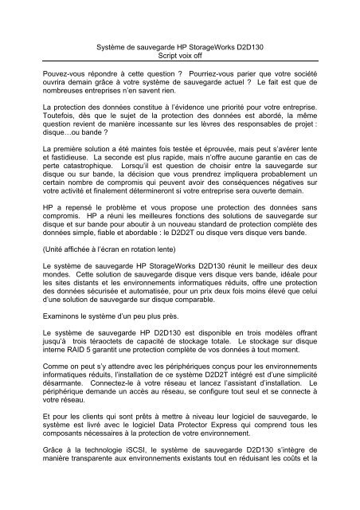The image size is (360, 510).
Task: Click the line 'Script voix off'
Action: pos(179,58)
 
